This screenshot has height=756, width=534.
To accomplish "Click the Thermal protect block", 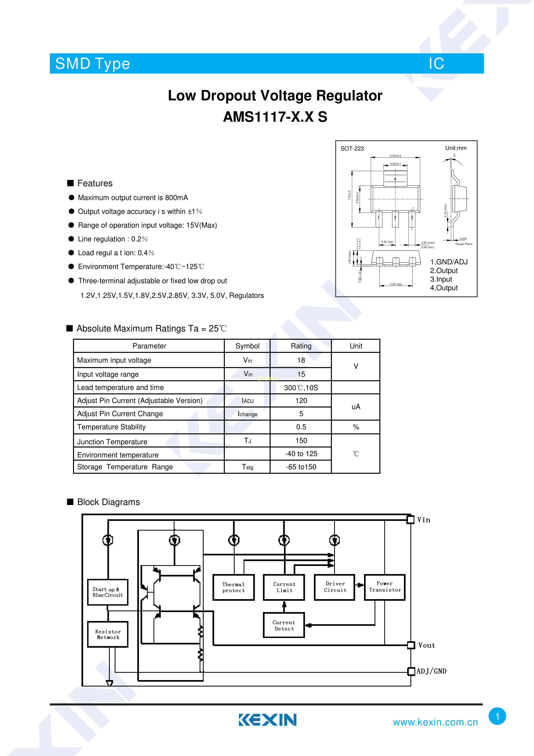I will pyautogui.click(x=233, y=588).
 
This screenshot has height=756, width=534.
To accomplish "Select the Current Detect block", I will pyautogui.click(x=284, y=625).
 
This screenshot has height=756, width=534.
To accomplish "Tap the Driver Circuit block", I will pyautogui.click(x=335, y=587).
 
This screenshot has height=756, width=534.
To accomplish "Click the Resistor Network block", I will pyautogui.click(x=108, y=634).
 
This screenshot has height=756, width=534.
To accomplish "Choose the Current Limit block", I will pyautogui.click(x=284, y=588).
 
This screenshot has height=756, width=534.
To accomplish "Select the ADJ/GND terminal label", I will pyautogui.click(x=431, y=671).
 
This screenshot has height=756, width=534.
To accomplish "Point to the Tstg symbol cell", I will pyautogui.click(x=248, y=467).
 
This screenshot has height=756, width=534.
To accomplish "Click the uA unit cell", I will pyautogui.click(x=356, y=407).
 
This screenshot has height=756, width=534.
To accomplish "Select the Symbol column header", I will pyautogui.click(x=248, y=346).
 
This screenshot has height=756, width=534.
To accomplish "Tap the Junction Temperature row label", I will pyautogui.click(x=112, y=441).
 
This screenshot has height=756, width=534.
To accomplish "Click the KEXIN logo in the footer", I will pyautogui.click(x=268, y=720).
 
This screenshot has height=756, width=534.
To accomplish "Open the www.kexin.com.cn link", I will pyautogui.click(x=435, y=722).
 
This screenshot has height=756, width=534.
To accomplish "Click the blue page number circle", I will pyautogui.click(x=497, y=716).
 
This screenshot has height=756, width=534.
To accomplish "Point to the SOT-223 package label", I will pyautogui.click(x=352, y=148).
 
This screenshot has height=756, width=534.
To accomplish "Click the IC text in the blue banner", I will pyautogui.click(x=436, y=64).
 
